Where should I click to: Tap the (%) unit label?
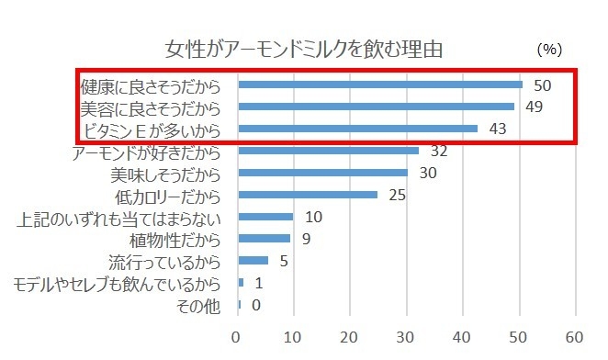[x=548, y=48]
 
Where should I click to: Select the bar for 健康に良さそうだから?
[x=380, y=84]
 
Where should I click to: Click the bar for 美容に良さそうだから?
[x=377, y=107]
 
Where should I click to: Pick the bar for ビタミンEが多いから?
[x=358, y=129]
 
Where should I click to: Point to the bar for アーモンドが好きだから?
[x=328, y=151]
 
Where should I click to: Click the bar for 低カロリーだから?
[x=308, y=195]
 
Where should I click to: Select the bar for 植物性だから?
[x=264, y=239]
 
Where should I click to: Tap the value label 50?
[x=542, y=84]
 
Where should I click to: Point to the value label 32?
[x=439, y=151]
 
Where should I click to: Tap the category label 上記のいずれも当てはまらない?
[x=119, y=218]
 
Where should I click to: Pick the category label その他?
[x=200, y=306]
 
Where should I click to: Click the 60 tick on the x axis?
[x=576, y=336]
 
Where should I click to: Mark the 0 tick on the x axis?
[x=238, y=336]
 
